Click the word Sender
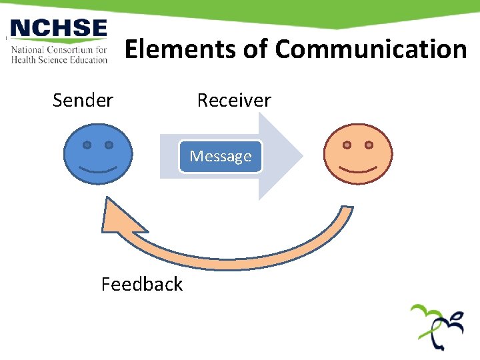click(83, 101)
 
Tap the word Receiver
click(234, 101)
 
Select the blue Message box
click(221, 157)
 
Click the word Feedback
click(141, 285)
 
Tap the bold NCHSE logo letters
click(59, 29)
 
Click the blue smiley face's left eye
click(87, 145)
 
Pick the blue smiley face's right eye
click(109, 145)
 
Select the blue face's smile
click(97, 169)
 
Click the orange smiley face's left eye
click(347, 145)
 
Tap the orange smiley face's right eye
click(369, 145)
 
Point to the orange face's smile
click(357, 169)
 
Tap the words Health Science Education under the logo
click(59, 59)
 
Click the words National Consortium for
click(59, 49)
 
